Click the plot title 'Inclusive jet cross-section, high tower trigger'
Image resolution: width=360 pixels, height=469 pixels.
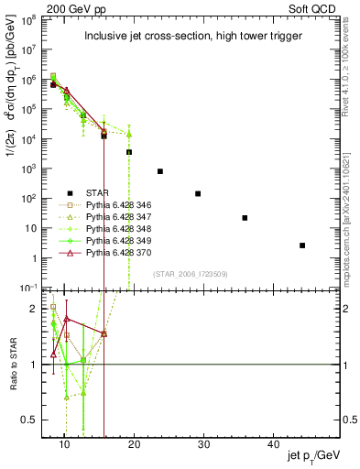coord(190,37)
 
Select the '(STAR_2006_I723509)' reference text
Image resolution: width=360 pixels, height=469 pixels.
coord(190,274)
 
